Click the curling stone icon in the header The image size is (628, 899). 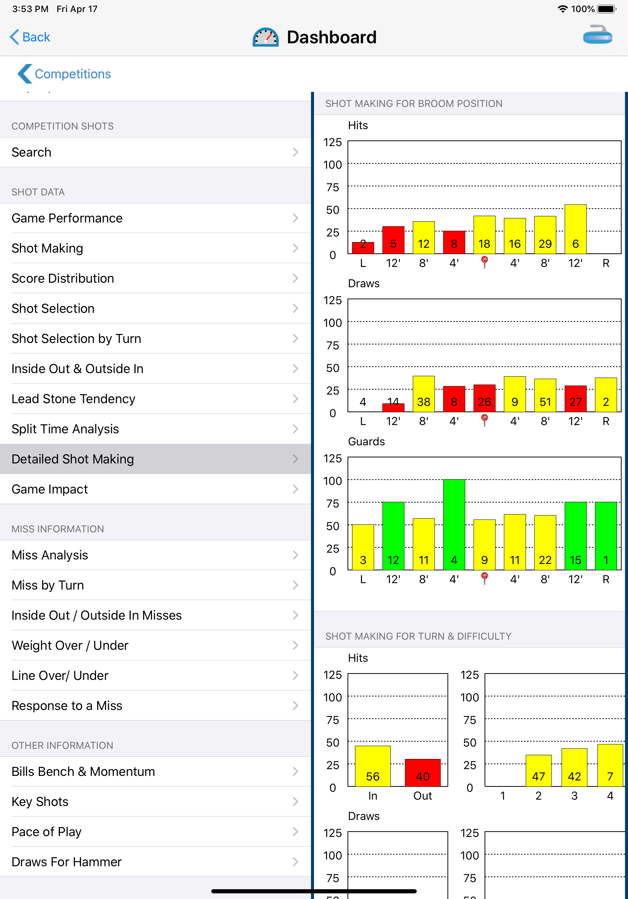pos(598,35)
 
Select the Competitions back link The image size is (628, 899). pos(65,74)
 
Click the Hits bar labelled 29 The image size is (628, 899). pos(545,235)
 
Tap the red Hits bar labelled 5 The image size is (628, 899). pos(393,240)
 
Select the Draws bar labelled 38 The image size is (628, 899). pos(424,394)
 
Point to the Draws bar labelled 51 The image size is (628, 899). pos(545,395)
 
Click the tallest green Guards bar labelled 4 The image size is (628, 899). pos(454,524)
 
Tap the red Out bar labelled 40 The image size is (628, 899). pos(422,773)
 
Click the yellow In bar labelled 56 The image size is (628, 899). pos(373,766)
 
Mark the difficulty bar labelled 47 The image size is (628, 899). pos(538,771)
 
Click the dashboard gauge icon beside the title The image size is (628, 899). pos(265,38)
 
